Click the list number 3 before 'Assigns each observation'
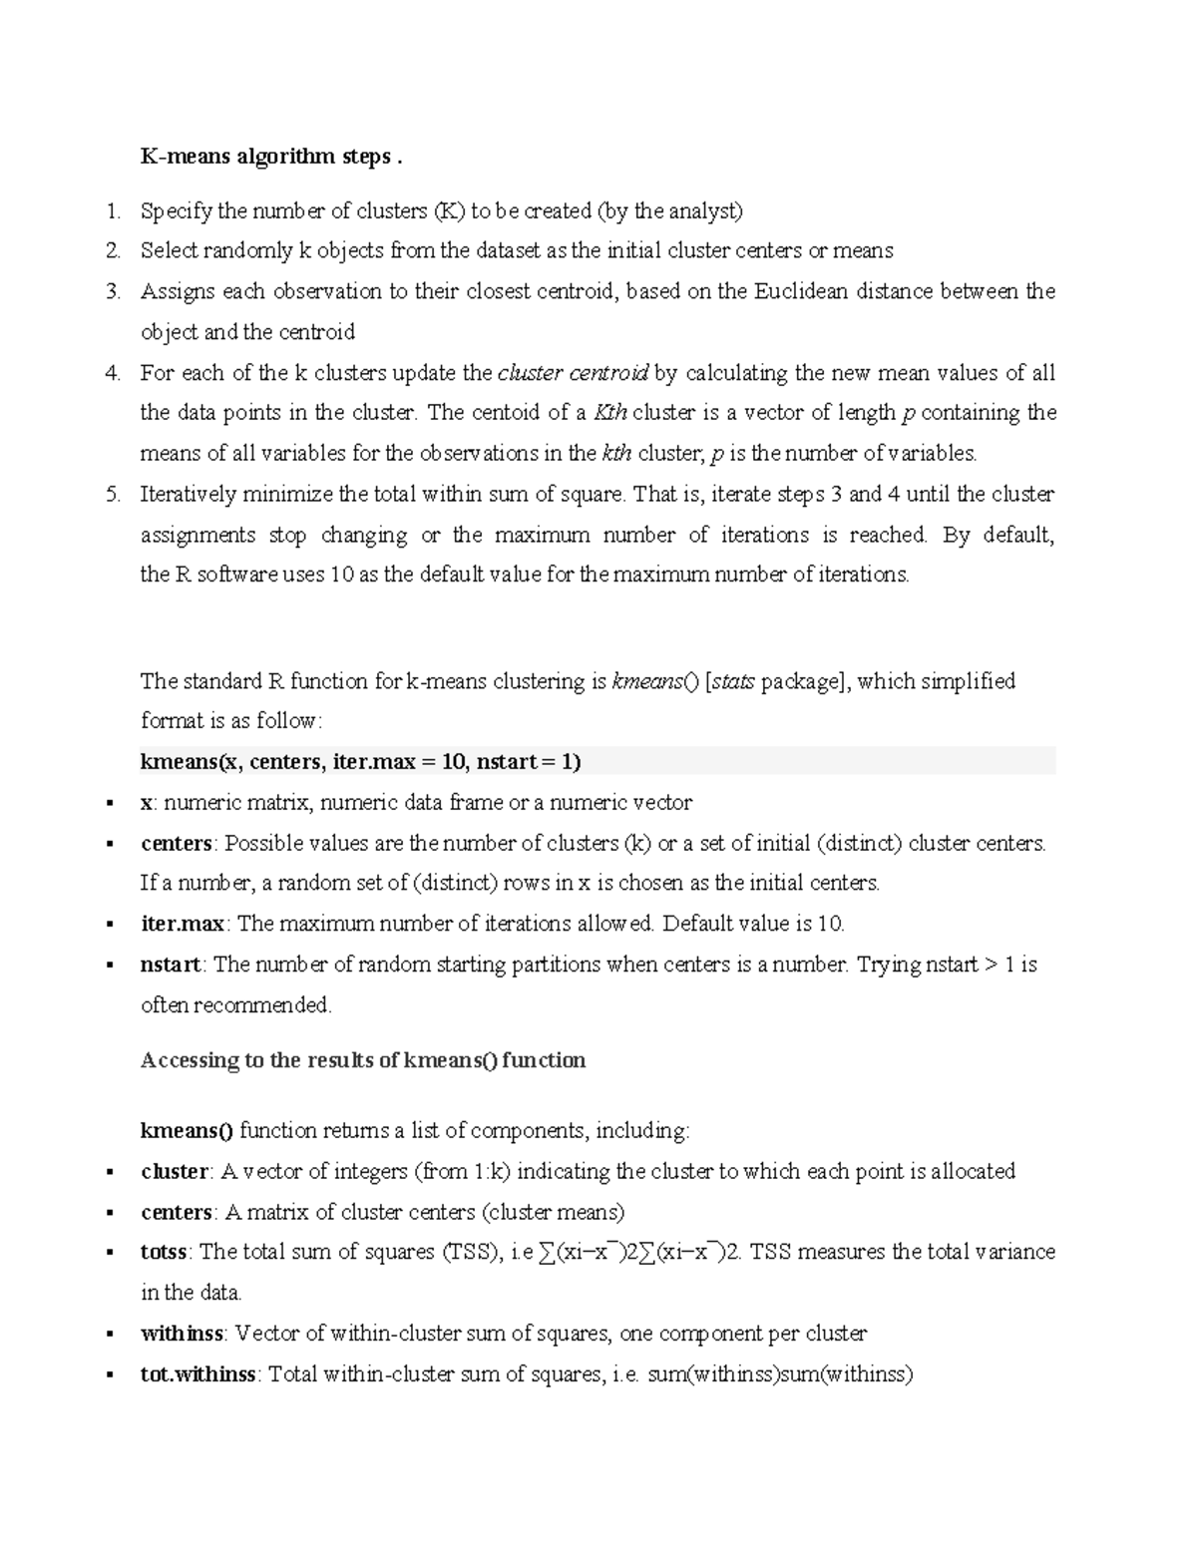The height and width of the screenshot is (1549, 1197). coord(114,291)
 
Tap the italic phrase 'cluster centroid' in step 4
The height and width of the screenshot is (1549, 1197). coord(574,373)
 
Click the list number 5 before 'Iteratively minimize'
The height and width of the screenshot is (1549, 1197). coord(114,495)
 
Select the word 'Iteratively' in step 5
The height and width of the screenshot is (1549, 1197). coord(189,495)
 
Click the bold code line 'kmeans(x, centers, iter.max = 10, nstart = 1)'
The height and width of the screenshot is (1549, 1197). coord(361,762)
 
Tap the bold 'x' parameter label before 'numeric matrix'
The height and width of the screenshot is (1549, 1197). coord(147,803)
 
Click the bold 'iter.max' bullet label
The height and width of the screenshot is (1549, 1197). coord(183,924)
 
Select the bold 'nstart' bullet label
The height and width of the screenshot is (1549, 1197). coord(172,965)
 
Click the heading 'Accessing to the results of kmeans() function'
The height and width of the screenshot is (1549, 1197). coord(363,1060)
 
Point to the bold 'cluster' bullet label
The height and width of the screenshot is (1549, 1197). coord(175,1171)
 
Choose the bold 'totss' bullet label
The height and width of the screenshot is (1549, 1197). coord(165,1252)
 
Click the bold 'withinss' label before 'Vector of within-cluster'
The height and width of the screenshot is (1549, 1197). coord(182,1334)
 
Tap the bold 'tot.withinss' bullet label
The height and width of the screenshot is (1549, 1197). coord(199,1374)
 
